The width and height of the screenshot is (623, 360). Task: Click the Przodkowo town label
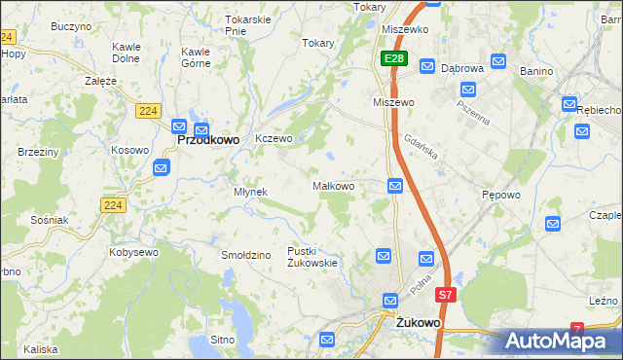208,140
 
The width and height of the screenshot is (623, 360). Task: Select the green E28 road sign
393,59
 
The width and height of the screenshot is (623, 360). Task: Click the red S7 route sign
445,294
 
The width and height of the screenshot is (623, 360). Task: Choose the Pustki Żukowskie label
312,257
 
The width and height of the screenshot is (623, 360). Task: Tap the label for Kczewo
274,139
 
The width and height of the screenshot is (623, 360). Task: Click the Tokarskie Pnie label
247,24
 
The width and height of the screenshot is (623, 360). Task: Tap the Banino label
535,70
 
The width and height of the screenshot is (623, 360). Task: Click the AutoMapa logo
563,341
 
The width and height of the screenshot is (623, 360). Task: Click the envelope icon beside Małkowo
395,186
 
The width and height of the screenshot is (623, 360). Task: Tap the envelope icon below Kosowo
162,168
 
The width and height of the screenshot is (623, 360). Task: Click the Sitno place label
223,340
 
